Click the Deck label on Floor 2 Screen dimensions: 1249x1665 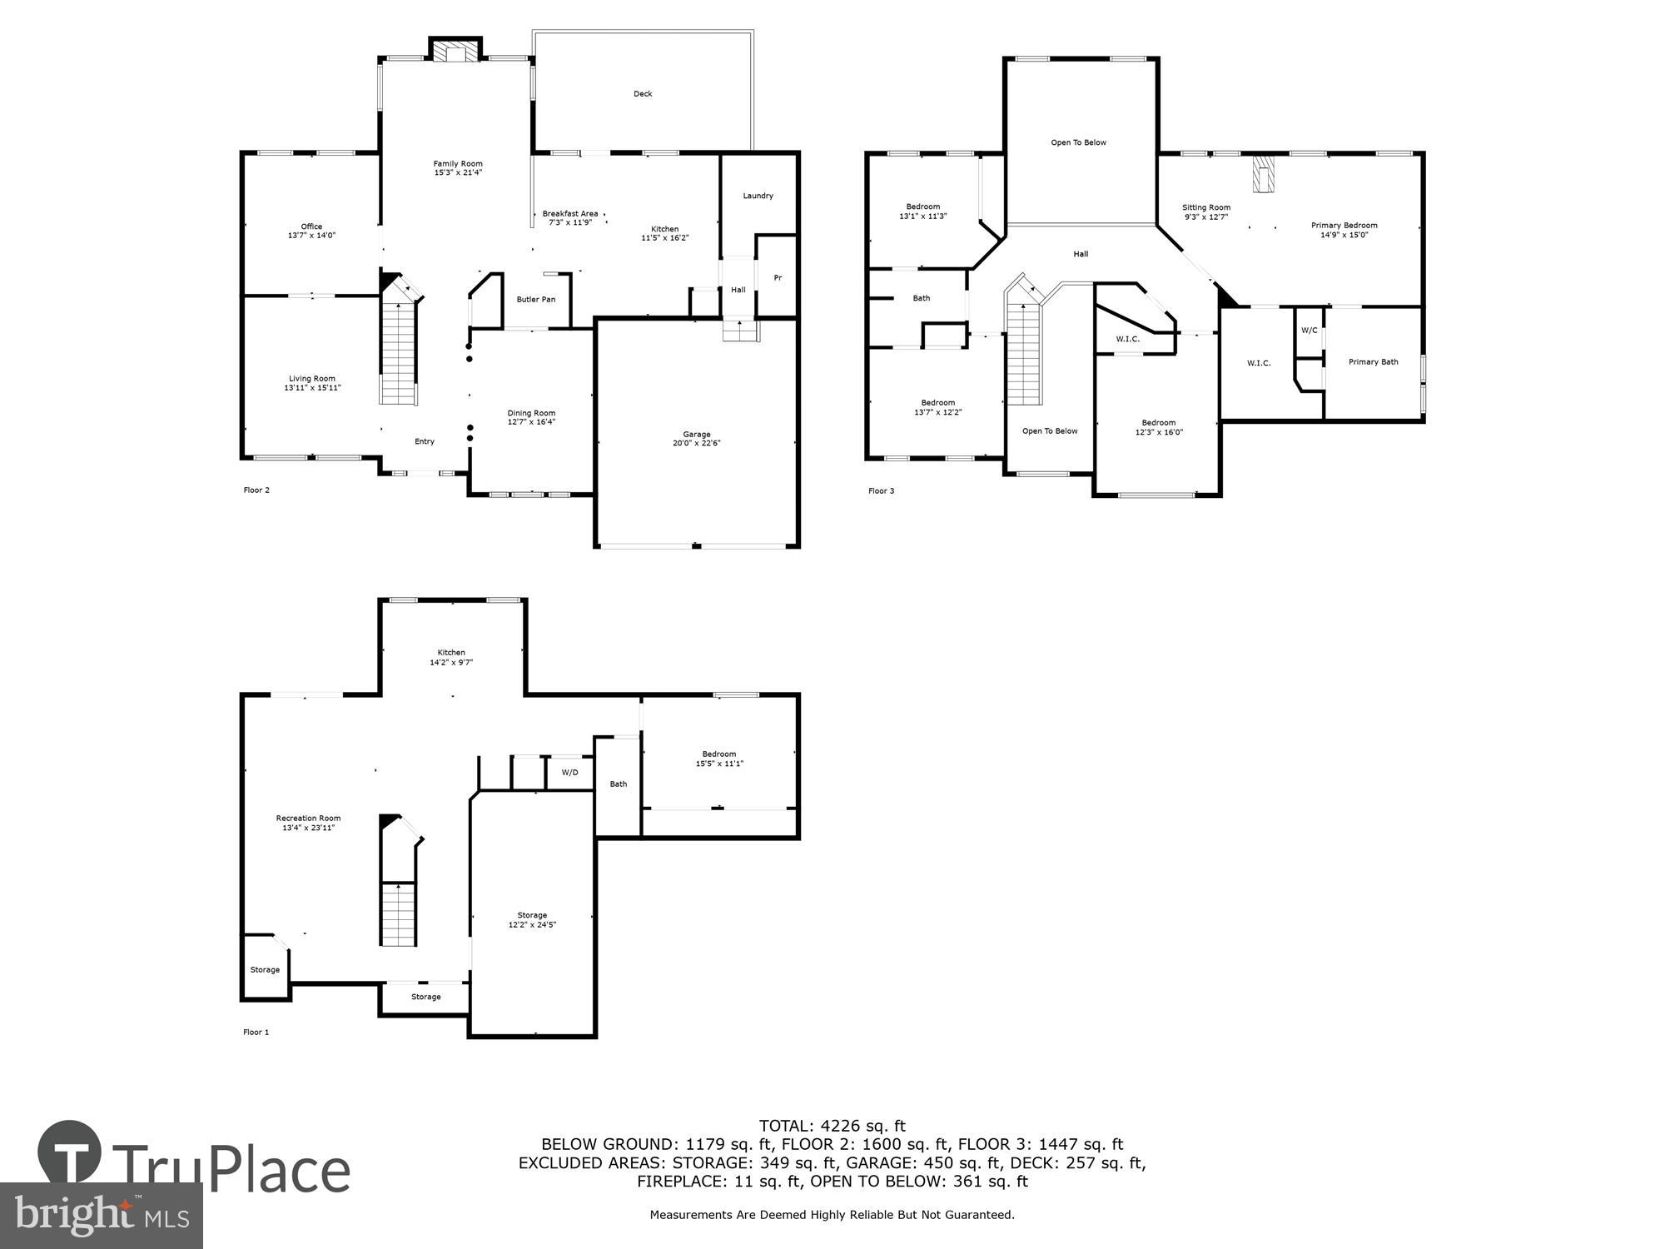tap(643, 94)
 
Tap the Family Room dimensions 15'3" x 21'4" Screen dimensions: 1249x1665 tap(458, 173)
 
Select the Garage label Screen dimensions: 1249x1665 tap(697, 434)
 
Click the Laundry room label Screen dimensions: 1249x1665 tap(758, 196)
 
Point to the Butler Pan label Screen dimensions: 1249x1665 tap(535, 300)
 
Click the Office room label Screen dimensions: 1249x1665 tap(311, 226)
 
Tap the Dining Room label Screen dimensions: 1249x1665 tap(531, 413)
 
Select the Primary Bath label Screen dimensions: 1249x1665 tap(1373, 362)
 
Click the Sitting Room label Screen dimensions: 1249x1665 tap(1206, 207)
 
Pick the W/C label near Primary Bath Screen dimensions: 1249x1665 tap(1309, 331)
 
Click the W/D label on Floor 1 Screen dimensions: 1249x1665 tap(569, 773)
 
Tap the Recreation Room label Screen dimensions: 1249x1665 tap(308, 819)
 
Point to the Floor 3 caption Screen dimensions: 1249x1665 tap(881, 491)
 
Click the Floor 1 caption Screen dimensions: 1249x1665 tap(256, 1033)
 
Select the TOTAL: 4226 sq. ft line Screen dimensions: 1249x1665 tap(832, 1127)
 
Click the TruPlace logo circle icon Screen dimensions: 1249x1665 tap(70, 1152)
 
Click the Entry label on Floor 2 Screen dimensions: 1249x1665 tap(425, 442)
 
